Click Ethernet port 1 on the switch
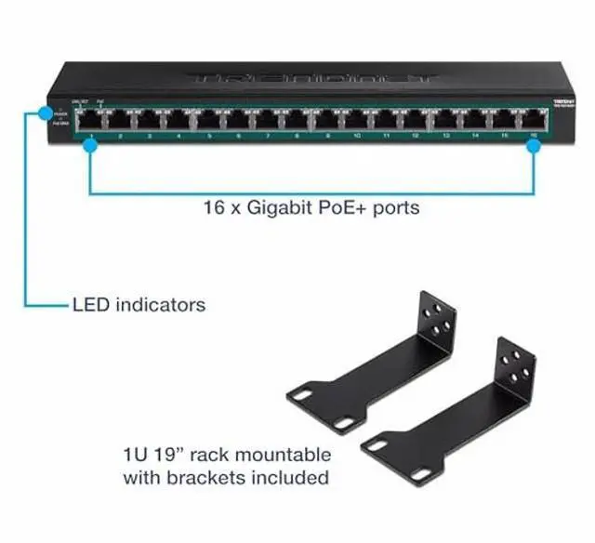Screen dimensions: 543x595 click(x=90, y=119)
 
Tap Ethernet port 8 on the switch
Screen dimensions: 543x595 click(x=297, y=119)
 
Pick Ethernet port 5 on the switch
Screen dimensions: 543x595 click(x=208, y=119)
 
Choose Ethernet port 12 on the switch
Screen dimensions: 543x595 click(x=416, y=119)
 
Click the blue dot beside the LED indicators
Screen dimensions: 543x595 click(x=45, y=113)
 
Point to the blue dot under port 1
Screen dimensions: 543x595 click(x=90, y=147)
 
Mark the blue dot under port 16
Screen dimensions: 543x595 click(x=535, y=147)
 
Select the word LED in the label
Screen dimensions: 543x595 click(x=91, y=304)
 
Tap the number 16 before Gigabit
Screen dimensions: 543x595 click(x=213, y=207)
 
